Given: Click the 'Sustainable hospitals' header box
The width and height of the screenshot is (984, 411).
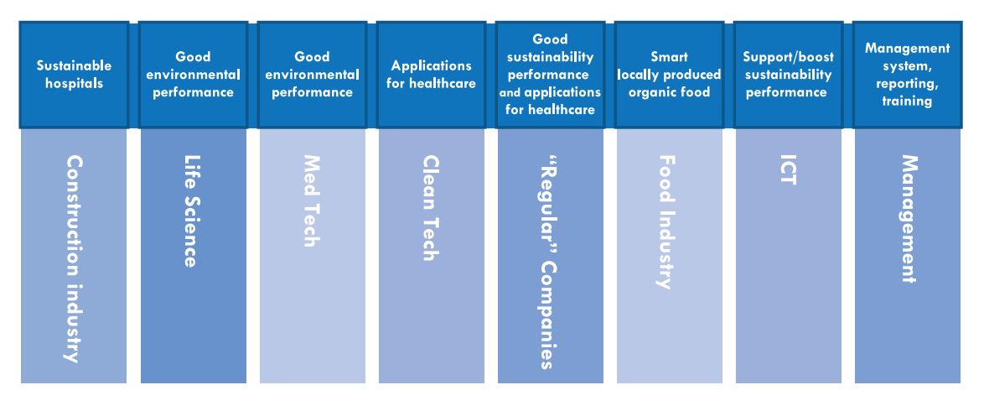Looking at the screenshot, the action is (74, 75).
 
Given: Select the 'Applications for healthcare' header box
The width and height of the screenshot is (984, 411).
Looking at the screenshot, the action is (431, 75).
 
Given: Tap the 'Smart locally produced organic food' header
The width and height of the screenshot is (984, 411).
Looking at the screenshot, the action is (669, 75).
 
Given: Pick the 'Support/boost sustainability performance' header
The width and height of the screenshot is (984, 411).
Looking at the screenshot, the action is (788, 75).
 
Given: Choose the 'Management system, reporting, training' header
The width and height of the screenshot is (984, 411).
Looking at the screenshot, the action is (908, 75).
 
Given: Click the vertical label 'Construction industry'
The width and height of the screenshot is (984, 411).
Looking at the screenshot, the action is (74, 259).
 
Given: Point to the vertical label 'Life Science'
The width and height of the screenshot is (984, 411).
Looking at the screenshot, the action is (192, 211).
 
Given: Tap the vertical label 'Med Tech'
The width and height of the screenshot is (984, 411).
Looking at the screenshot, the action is (312, 201).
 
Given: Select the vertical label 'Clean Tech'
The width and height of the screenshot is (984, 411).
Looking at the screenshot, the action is (431, 208).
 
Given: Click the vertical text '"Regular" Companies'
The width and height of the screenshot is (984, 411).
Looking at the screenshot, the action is (548, 263).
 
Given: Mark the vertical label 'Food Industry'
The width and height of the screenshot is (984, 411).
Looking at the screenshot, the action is (668, 222).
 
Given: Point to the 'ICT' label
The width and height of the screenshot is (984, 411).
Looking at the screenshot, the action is (788, 170).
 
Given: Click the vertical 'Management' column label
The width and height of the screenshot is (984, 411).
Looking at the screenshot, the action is (908, 219).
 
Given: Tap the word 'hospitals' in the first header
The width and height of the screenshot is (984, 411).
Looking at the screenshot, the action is (74, 84).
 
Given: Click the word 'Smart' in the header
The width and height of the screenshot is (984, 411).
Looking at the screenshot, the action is (670, 56).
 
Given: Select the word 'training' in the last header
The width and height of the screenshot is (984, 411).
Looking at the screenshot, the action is (908, 101).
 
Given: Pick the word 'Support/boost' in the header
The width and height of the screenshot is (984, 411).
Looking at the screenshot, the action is (789, 56).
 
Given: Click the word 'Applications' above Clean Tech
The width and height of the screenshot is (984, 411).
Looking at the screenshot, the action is (431, 65).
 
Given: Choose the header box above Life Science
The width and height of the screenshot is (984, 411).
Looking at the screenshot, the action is (194, 75).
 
